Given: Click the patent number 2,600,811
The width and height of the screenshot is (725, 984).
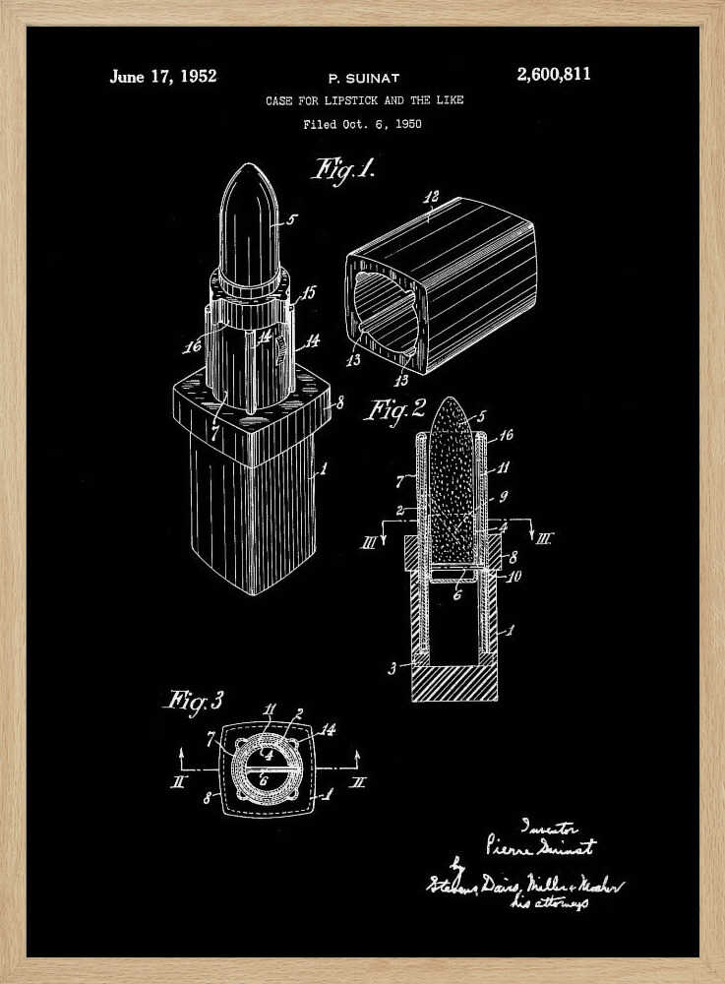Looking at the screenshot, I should [554, 75].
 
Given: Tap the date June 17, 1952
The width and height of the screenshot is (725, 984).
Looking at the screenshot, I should [163, 76].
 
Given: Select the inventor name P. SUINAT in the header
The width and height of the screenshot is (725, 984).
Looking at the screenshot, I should [363, 77].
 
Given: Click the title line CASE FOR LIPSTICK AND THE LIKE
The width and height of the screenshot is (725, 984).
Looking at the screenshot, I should [364, 100].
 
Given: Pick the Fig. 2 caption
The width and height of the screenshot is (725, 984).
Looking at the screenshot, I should [394, 407].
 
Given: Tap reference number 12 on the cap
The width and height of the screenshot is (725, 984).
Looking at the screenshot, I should [430, 199].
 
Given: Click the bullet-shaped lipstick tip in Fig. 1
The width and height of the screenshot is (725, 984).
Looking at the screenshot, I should [248, 221].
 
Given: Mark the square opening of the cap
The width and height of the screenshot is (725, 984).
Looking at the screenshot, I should [386, 310].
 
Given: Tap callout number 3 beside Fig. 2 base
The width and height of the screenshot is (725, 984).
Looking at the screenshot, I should [393, 667].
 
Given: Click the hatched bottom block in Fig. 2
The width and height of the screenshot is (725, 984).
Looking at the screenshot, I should [453, 682].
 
